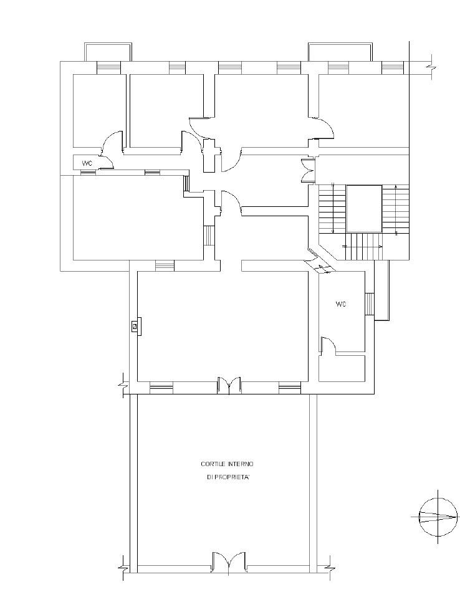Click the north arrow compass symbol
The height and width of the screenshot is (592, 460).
(x=438, y=517)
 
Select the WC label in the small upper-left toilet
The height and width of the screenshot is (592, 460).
(x=87, y=163)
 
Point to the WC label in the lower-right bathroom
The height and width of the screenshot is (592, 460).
(x=341, y=304)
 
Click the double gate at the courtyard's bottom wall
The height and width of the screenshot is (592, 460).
(x=229, y=561)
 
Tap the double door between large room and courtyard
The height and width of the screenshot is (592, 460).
(x=229, y=385)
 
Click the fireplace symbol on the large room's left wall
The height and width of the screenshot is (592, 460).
(x=136, y=326)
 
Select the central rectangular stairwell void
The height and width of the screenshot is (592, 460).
(x=364, y=208)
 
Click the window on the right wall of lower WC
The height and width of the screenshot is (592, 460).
(x=369, y=303)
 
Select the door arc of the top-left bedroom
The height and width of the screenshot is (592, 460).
(x=112, y=140)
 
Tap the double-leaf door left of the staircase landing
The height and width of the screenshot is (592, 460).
(x=307, y=171)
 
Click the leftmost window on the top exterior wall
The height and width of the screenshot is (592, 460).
(x=108, y=68)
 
